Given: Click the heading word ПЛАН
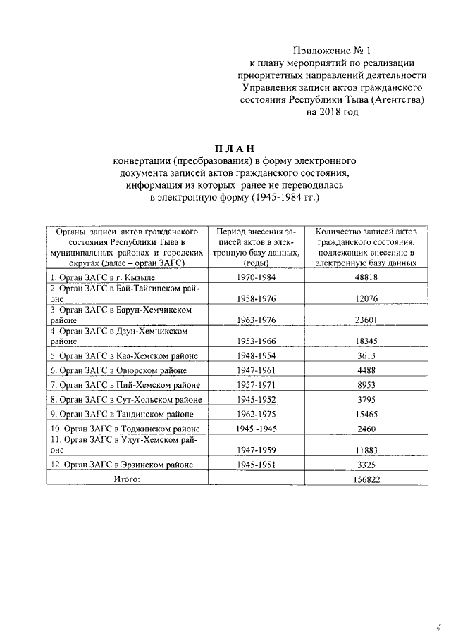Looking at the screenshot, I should click(x=226, y=147).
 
